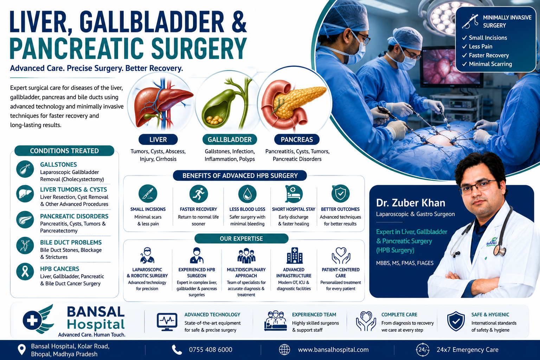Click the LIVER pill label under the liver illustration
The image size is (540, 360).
(x=158, y=139)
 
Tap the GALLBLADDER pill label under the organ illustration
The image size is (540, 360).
(x=230, y=139)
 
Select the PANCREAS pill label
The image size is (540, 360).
(x=297, y=139)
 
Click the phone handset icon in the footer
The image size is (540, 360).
(x=177, y=350)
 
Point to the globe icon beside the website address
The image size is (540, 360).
(x=284, y=350)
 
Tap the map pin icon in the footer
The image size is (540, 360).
(x=22, y=350)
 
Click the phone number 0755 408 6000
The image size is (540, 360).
(x=211, y=350)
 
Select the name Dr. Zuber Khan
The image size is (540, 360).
(x=411, y=203)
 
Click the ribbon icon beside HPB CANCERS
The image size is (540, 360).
(x=25, y=271)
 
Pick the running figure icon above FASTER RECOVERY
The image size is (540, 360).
(x=198, y=194)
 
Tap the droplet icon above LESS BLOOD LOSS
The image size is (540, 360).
(x=247, y=194)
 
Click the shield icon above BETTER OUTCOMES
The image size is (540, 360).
(x=340, y=193)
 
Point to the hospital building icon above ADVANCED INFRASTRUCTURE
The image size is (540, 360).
(x=294, y=255)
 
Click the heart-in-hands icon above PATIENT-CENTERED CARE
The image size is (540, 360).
(x=341, y=256)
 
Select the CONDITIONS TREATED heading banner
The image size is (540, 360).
(x=64, y=151)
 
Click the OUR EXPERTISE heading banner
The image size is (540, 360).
(x=241, y=238)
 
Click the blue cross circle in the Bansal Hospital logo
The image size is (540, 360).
(x=32, y=321)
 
